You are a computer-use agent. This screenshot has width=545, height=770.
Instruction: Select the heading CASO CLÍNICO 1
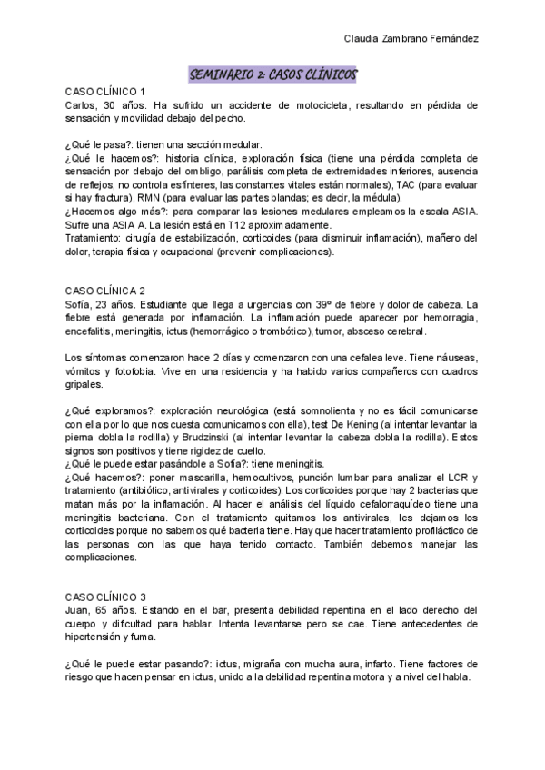pyautogui.click(x=106, y=92)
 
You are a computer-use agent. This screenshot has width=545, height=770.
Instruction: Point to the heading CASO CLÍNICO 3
pyautogui.click(x=106, y=596)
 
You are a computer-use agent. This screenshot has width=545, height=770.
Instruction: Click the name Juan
pyautogui.click(x=79, y=609)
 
